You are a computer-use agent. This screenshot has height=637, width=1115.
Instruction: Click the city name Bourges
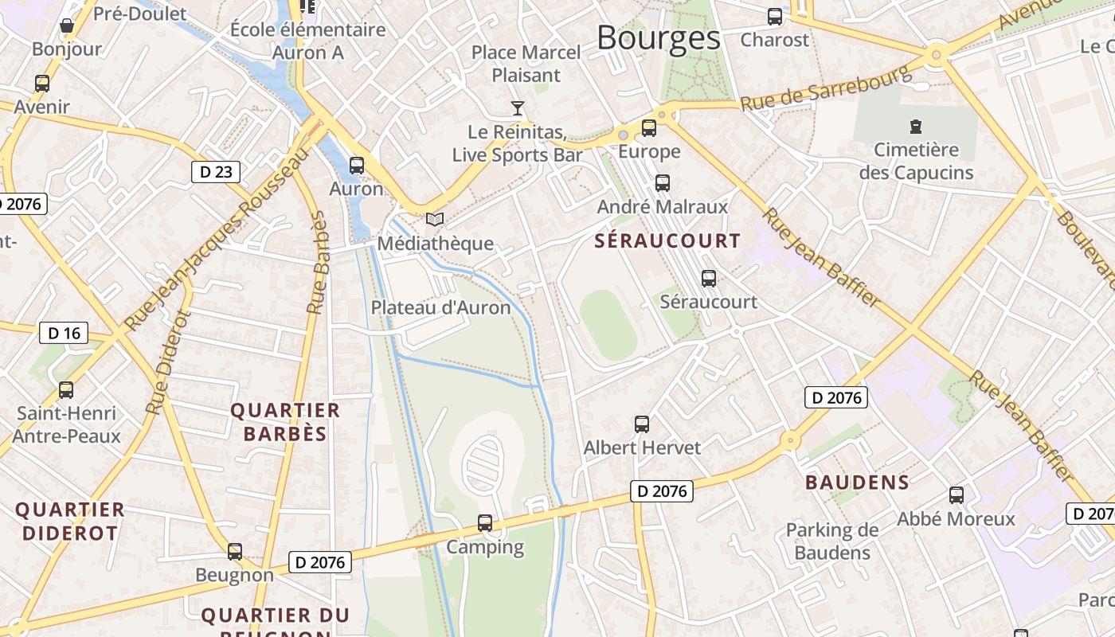coord(658,37)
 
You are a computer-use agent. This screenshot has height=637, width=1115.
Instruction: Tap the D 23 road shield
coord(216,171)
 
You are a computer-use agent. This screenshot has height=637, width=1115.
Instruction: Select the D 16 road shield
coord(64,333)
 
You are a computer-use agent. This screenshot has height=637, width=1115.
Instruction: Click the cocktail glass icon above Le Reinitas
coord(518,107)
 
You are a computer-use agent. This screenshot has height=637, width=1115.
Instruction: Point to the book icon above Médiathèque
coord(434,219)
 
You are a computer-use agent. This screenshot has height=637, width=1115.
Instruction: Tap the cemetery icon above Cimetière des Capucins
coord(916,126)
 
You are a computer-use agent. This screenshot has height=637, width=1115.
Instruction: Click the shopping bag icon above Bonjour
coord(67,25)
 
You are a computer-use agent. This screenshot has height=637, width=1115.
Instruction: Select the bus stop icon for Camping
coord(485,523)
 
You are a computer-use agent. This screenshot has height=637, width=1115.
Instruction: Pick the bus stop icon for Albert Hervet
coord(642,424)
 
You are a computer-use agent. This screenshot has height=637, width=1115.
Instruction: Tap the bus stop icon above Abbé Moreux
coord(957,494)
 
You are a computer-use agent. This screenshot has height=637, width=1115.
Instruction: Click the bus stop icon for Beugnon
coord(235,551)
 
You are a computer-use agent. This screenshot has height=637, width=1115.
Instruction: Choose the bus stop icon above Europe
coord(649,127)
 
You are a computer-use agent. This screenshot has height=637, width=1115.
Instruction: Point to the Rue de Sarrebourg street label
coord(825,88)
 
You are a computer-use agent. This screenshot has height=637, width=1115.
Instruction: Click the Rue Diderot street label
coord(168,362)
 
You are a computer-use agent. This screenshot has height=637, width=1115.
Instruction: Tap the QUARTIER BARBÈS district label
coord(285,422)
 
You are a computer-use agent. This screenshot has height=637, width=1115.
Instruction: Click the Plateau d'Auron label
coord(440,307)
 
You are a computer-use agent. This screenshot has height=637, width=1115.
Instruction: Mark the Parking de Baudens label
coord(832,541)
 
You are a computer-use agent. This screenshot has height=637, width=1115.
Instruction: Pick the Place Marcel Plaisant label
coord(526,64)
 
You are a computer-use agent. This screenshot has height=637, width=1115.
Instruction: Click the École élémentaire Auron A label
coord(308,41)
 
